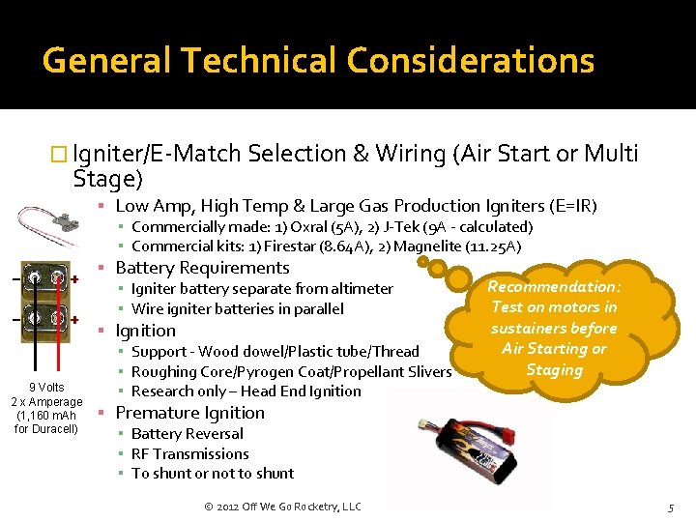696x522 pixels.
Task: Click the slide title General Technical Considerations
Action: (318, 60)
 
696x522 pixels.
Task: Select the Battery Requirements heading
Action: (202, 268)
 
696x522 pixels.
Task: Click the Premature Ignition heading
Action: (189, 413)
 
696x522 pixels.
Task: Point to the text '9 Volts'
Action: (46, 387)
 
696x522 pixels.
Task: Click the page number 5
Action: (671, 507)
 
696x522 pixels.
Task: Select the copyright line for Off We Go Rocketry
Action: (283, 507)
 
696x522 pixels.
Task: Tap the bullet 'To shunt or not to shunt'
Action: (213, 473)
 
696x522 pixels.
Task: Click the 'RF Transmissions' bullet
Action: (189, 453)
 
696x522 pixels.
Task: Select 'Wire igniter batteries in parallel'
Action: (237, 308)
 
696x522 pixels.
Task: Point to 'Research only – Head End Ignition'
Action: (246, 391)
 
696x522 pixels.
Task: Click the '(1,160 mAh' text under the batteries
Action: (46, 415)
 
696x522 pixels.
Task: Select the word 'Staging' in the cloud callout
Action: (553, 369)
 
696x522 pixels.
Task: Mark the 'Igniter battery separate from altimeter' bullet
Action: (262, 288)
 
